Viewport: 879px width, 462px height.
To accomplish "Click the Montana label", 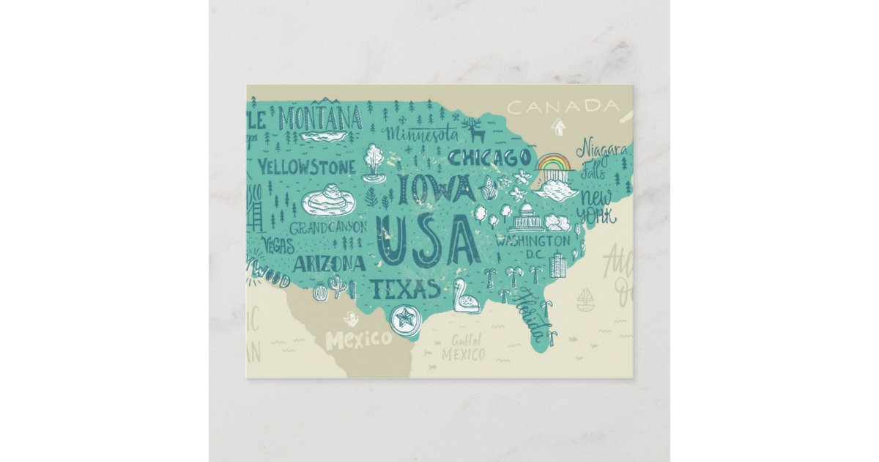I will [320, 118].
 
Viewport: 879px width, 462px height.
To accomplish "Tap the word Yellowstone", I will [306, 167].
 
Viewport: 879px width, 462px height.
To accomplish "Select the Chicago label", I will [489, 158].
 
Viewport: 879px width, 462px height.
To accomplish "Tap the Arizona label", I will [329, 263].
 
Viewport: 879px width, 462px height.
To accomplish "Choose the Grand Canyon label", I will [328, 227].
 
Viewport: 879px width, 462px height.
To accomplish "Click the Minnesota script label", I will [422, 135].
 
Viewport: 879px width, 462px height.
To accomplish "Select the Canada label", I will [563, 107].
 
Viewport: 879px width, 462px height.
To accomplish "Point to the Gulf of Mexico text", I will [464, 347].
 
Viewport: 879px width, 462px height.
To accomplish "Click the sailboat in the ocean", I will [585, 299].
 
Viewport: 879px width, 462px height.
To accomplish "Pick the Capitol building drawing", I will [526, 218].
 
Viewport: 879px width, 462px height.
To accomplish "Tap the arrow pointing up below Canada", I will [558, 128].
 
